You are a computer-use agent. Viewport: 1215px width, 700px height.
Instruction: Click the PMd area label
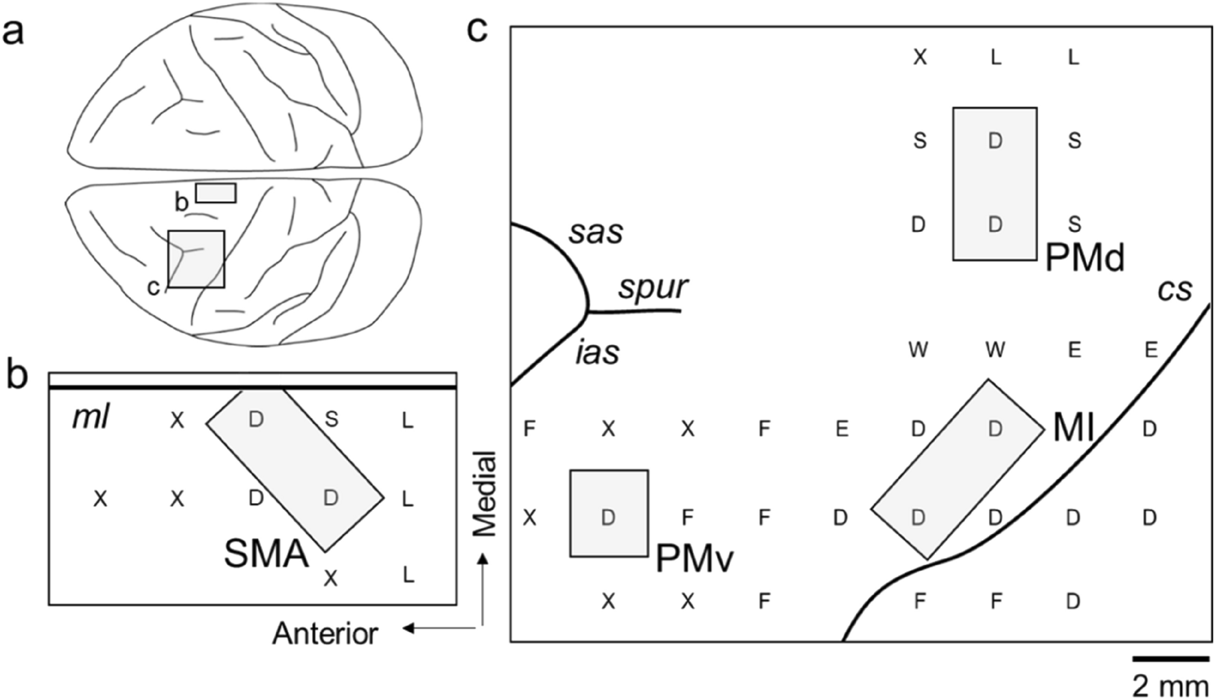pos(1085,259)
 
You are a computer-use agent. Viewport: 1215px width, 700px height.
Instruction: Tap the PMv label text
pos(695,559)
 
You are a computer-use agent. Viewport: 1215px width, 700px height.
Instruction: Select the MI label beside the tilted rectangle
pos(1073,429)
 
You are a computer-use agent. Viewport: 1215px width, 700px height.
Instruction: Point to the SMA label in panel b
pos(266,555)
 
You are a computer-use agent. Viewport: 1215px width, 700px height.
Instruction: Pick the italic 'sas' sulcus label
pos(596,233)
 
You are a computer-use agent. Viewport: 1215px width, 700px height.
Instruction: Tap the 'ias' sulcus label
pos(597,353)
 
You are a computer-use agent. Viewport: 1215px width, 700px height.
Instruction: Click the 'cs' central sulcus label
pos(1174,290)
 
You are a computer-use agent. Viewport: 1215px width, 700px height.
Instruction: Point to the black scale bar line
pos(1170,659)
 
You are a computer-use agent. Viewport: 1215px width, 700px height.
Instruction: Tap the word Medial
pos(485,493)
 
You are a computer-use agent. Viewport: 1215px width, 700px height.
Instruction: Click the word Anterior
pos(325,633)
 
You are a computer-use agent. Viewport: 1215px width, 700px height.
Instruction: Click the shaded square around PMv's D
pos(609,513)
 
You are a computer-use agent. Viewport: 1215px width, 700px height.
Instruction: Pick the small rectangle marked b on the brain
pos(216,193)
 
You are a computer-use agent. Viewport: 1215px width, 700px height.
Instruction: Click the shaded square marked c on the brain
pos(196,259)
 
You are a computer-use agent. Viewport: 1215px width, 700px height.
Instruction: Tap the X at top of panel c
pos(920,58)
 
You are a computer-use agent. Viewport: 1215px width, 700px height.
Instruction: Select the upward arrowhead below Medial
pos(484,559)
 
